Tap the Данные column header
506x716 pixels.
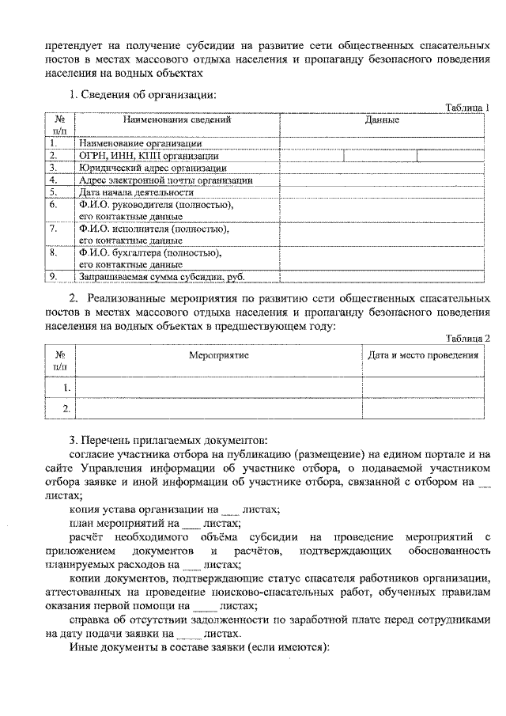382,120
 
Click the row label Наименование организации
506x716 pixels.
140,144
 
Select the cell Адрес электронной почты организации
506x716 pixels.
165,180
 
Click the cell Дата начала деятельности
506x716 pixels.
135,192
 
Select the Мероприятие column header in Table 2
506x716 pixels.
219,356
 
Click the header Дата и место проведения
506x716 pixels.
424,356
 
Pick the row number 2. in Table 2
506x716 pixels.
67,408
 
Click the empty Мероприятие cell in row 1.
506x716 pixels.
219,388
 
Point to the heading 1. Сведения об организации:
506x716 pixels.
142,95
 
